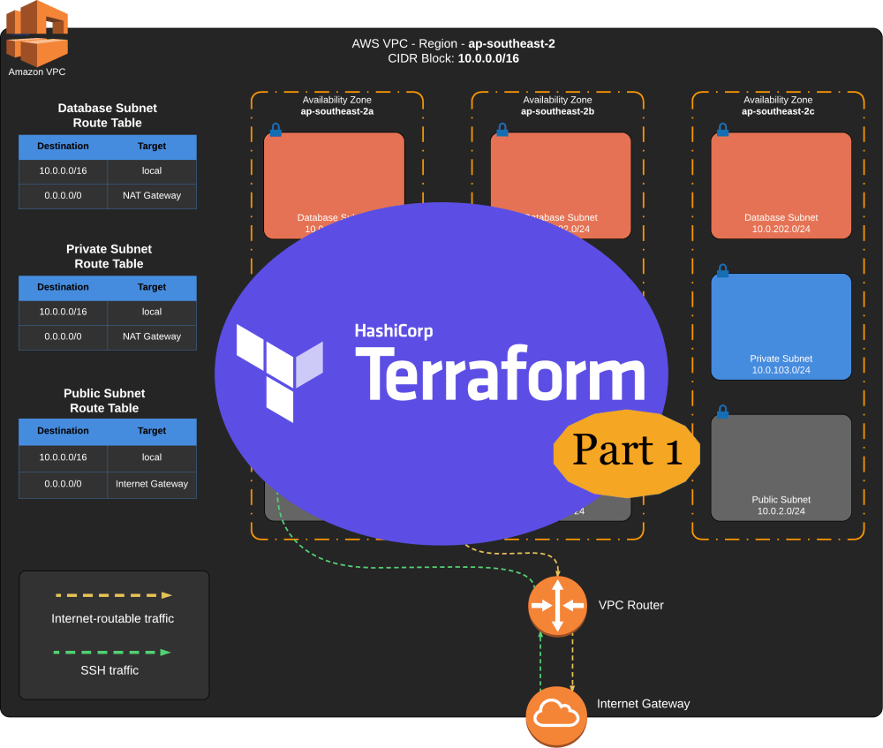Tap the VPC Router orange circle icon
[557, 605]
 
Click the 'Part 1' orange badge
[627, 450]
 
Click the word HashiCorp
[394, 331]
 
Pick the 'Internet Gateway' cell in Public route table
[152, 484]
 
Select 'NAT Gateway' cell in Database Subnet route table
[152, 195]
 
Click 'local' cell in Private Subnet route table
[152, 312]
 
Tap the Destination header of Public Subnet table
[63, 431]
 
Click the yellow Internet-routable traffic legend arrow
[112, 595]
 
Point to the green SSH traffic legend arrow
[112, 652]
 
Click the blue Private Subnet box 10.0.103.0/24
[781, 326]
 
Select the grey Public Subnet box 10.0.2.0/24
[781, 467]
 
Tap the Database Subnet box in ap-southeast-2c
[781, 185]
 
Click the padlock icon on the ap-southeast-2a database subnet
[275, 130]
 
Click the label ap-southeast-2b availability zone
[556, 111]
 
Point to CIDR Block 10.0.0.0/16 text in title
[487, 58]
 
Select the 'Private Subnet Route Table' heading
[109, 256]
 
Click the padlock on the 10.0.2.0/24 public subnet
[722, 412]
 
